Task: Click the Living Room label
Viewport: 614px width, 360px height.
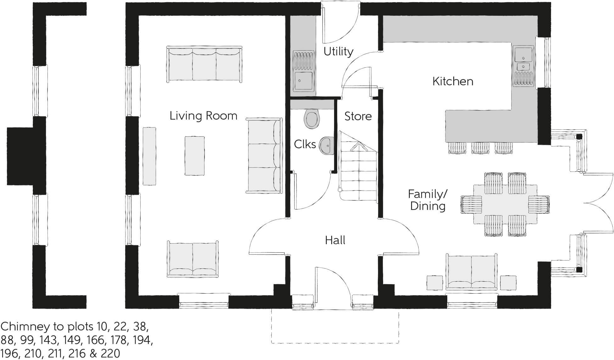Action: [x=203, y=116]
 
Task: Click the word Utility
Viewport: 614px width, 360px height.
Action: [x=338, y=51]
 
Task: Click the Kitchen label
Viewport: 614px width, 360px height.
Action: [x=453, y=82]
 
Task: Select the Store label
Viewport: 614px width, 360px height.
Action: [x=358, y=116]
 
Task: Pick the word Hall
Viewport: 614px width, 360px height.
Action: [x=335, y=240]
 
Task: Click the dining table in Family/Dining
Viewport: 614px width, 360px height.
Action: [x=505, y=204]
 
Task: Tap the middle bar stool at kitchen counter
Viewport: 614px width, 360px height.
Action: [x=480, y=148]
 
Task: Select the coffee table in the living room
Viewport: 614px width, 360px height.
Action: [x=194, y=155]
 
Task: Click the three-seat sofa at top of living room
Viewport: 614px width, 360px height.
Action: [x=204, y=65]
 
